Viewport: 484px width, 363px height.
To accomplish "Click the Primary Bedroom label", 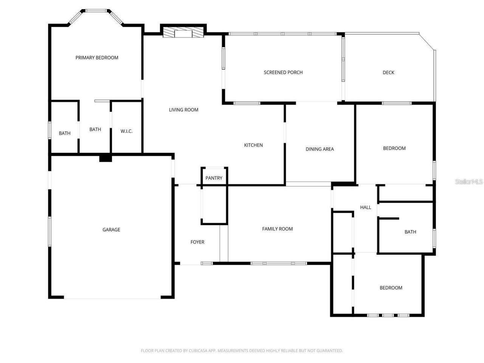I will (x=97, y=58).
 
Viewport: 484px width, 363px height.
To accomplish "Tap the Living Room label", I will (x=183, y=110).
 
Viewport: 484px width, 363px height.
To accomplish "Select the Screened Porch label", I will (x=283, y=73).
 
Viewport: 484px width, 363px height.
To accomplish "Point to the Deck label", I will (x=388, y=73).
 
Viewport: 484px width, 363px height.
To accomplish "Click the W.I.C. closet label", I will (x=126, y=131).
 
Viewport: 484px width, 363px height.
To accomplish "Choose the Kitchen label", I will (x=253, y=145).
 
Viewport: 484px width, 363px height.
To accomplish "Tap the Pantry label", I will (x=214, y=178).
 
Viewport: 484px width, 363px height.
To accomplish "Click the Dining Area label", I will (x=320, y=149).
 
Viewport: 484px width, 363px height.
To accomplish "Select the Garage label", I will (x=111, y=230).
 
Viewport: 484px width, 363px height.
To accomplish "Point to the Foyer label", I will (x=197, y=242).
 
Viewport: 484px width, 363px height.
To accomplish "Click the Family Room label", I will (x=278, y=229).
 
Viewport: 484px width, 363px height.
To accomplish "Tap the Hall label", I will (x=366, y=208).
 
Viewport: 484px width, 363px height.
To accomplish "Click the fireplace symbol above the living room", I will (x=183, y=33).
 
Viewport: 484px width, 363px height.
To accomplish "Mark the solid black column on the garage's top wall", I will (x=105, y=158).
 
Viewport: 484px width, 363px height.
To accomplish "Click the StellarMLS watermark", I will (x=469, y=182).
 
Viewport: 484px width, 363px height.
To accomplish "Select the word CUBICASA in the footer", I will (x=194, y=351).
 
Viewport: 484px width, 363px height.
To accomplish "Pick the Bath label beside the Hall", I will (x=410, y=232).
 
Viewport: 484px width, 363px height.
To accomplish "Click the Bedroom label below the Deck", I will (x=394, y=149).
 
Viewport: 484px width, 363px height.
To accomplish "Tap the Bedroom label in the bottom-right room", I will (x=391, y=288).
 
